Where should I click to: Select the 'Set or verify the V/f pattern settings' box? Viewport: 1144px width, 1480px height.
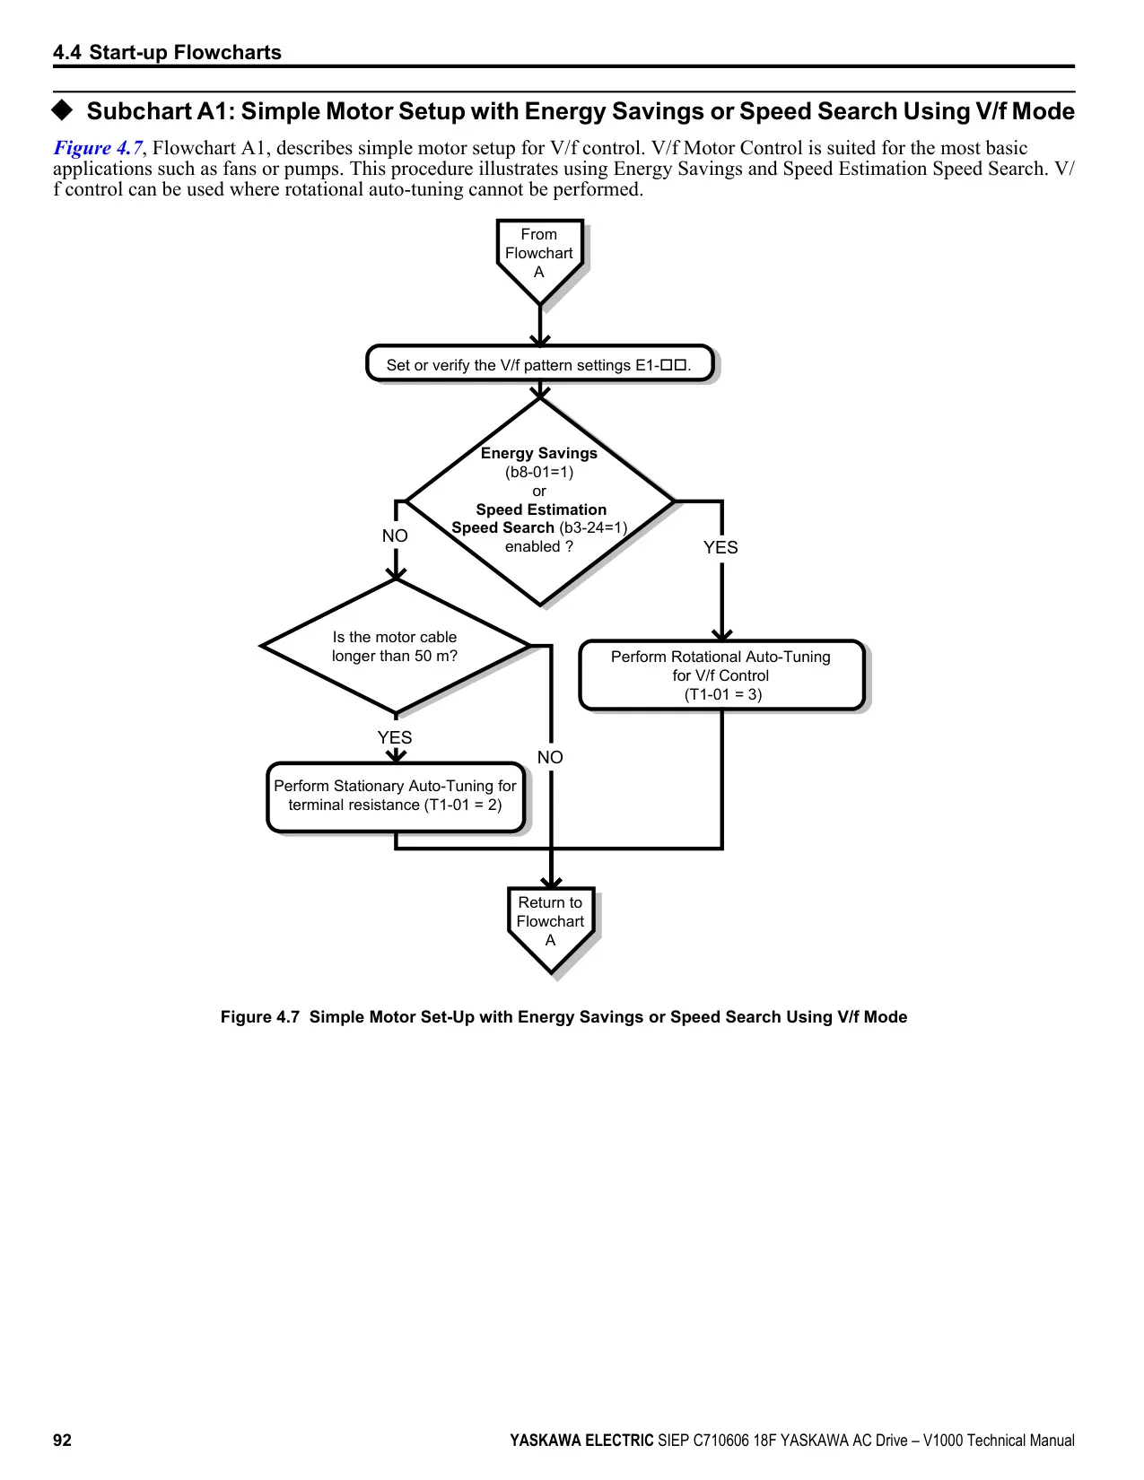coord(539,363)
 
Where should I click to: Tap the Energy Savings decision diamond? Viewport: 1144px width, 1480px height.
coord(539,501)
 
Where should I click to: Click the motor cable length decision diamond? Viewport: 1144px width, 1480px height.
coord(395,646)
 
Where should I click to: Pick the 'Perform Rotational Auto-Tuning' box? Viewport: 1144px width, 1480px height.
coord(721,675)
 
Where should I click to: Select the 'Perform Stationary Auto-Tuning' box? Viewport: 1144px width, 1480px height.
coord(395,797)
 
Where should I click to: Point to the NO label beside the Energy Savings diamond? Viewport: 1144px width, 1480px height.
coord(395,536)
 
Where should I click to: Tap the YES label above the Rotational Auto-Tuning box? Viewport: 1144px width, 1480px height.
coord(720,547)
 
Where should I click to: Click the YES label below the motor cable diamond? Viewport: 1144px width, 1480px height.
coord(395,737)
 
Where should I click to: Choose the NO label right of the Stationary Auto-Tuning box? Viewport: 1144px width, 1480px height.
coord(550,757)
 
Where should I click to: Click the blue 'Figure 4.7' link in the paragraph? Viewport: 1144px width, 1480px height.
coord(98,148)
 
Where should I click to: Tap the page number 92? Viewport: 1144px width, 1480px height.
coord(62,1441)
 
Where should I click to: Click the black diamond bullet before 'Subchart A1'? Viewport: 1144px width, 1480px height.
coord(62,109)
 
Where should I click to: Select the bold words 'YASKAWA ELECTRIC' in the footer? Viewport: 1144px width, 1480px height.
coord(581,1441)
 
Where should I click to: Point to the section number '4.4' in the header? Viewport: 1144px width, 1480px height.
coord(66,52)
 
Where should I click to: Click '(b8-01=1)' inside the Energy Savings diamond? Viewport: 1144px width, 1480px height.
coord(539,472)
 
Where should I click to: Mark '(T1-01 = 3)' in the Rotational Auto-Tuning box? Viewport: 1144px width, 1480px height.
coord(723,694)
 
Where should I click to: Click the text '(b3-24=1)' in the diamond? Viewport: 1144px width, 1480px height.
coord(593,527)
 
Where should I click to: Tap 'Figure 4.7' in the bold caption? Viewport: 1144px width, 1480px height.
coord(259,1017)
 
